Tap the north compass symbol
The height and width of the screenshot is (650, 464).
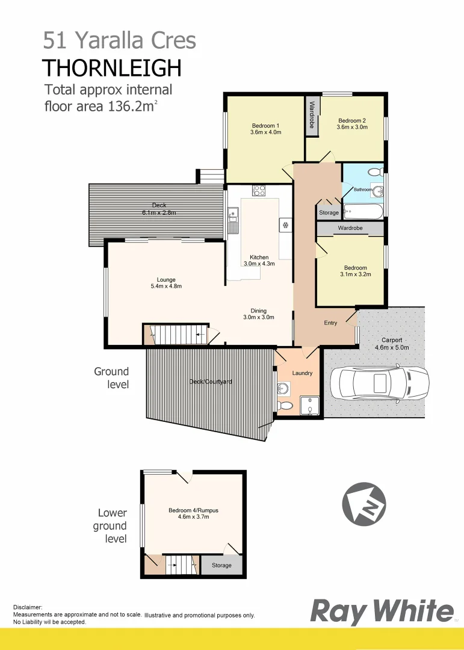click(x=363, y=505)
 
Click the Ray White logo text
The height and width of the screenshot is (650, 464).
click(x=382, y=612)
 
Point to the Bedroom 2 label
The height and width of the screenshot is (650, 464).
click(x=351, y=120)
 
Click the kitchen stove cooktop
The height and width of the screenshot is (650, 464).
click(x=259, y=191)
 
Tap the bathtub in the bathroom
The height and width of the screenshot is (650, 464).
click(x=362, y=211)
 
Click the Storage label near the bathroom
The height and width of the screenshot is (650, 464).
click(x=329, y=212)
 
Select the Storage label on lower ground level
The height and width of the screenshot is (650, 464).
click(x=221, y=565)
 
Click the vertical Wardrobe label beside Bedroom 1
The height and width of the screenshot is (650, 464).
click(x=312, y=114)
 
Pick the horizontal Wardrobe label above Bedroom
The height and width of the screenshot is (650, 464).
click(x=350, y=229)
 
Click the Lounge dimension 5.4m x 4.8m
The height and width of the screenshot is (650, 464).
click(x=166, y=286)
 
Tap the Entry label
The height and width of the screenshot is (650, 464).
click(x=330, y=323)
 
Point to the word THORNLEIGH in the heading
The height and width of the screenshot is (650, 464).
click(x=112, y=68)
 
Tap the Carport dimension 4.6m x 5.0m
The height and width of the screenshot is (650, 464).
click(x=392, y=347)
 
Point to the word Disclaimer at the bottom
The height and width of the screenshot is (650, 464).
click(x=28, y=608)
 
